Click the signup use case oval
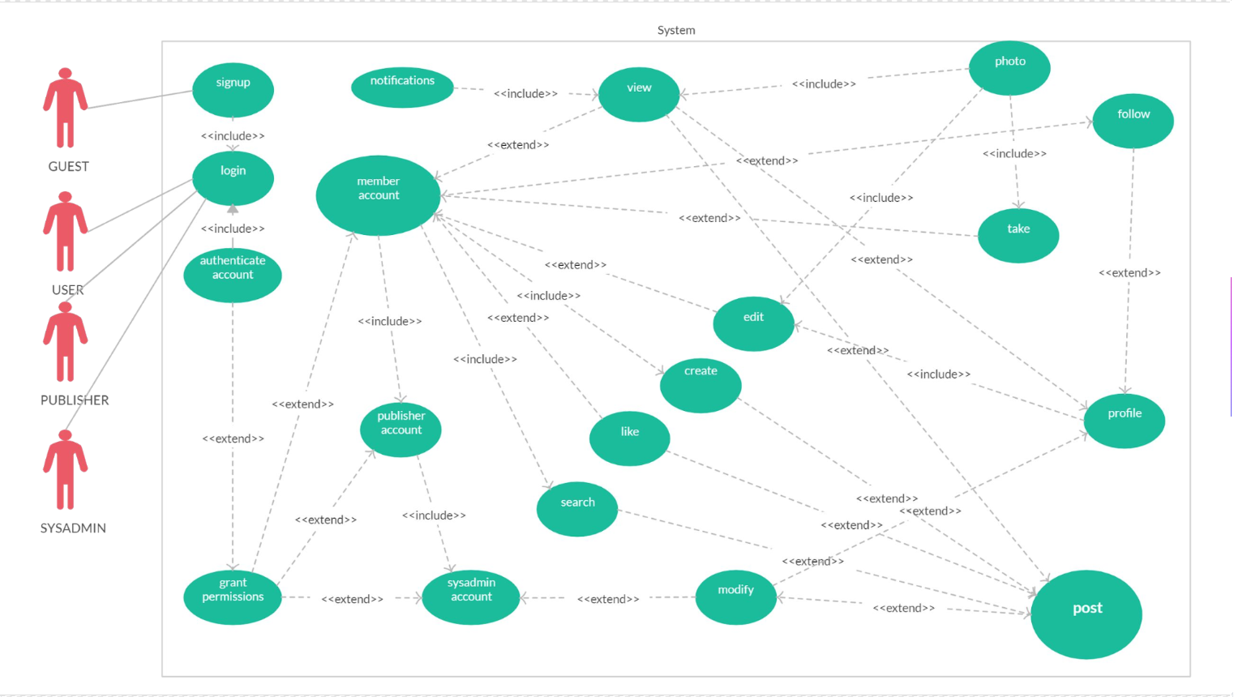233,90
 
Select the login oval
233,178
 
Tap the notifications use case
402,88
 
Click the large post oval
1086,614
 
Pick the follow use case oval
1133,121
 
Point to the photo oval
1009,68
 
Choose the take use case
1018,235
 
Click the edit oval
753,323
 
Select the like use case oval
629,438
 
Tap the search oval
577,509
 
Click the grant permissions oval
233,597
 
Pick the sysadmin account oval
471,597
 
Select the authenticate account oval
233,275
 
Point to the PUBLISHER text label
75,400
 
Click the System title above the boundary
676,30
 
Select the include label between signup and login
233,136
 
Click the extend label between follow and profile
1129,273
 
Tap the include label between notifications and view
525,94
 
